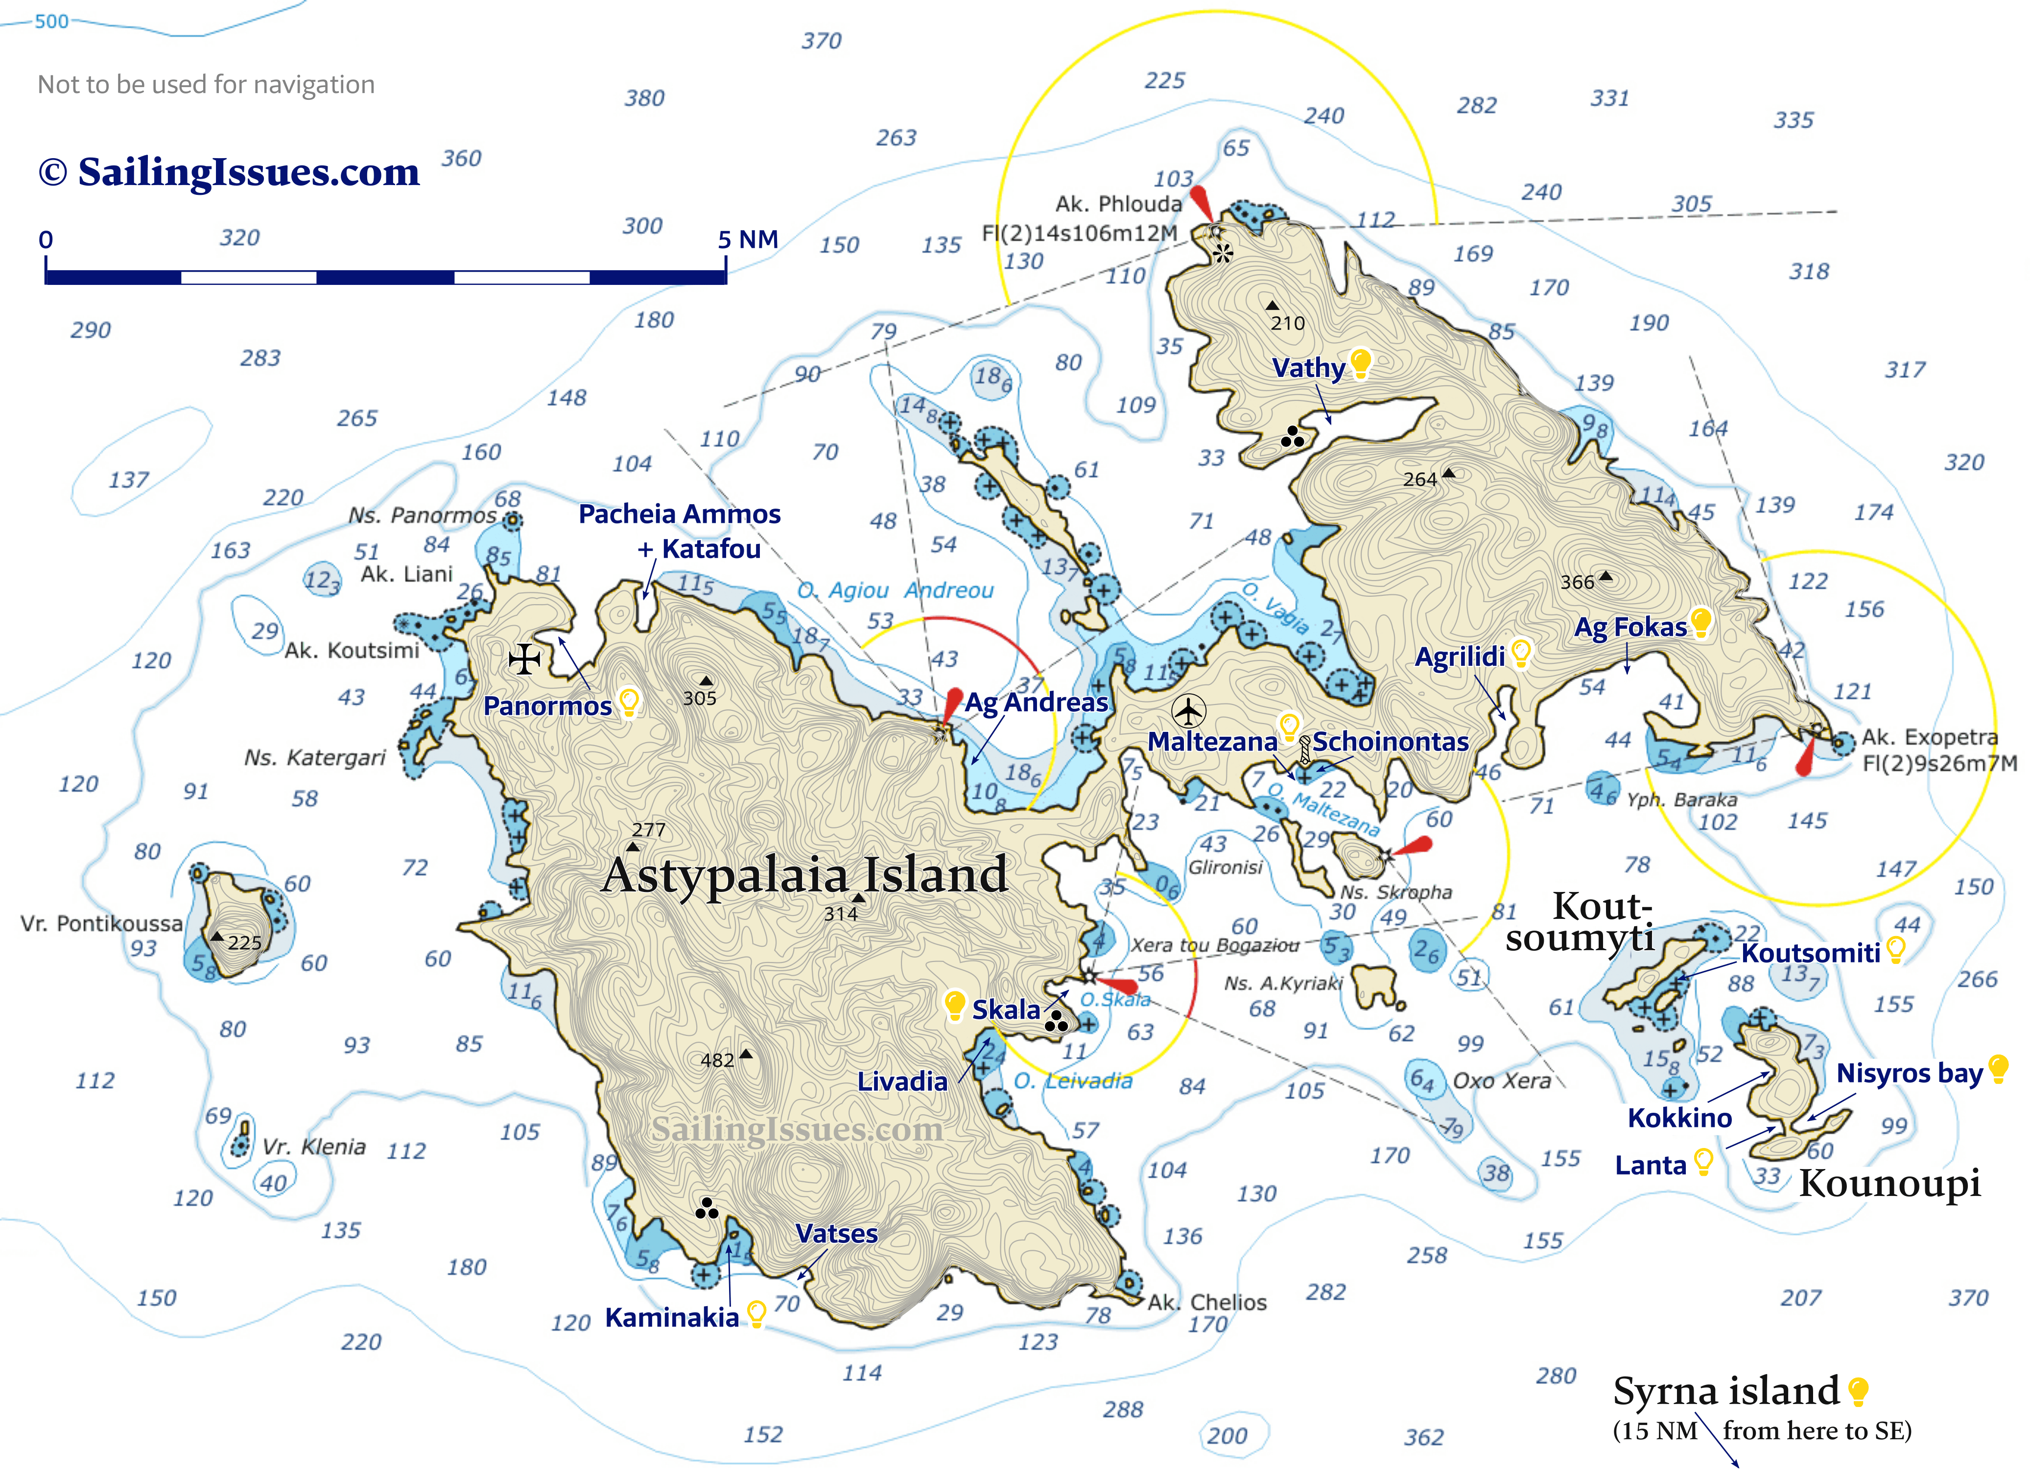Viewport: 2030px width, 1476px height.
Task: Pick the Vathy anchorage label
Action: click(x=1309, y=368)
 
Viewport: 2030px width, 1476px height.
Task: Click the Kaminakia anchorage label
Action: click(x=671, y=1317)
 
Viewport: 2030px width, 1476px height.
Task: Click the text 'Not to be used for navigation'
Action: click(x=206, y=84)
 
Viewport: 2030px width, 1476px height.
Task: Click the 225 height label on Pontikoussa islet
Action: click(x=244, y=942)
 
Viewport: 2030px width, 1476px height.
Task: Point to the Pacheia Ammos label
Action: click(x=679, y=514)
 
